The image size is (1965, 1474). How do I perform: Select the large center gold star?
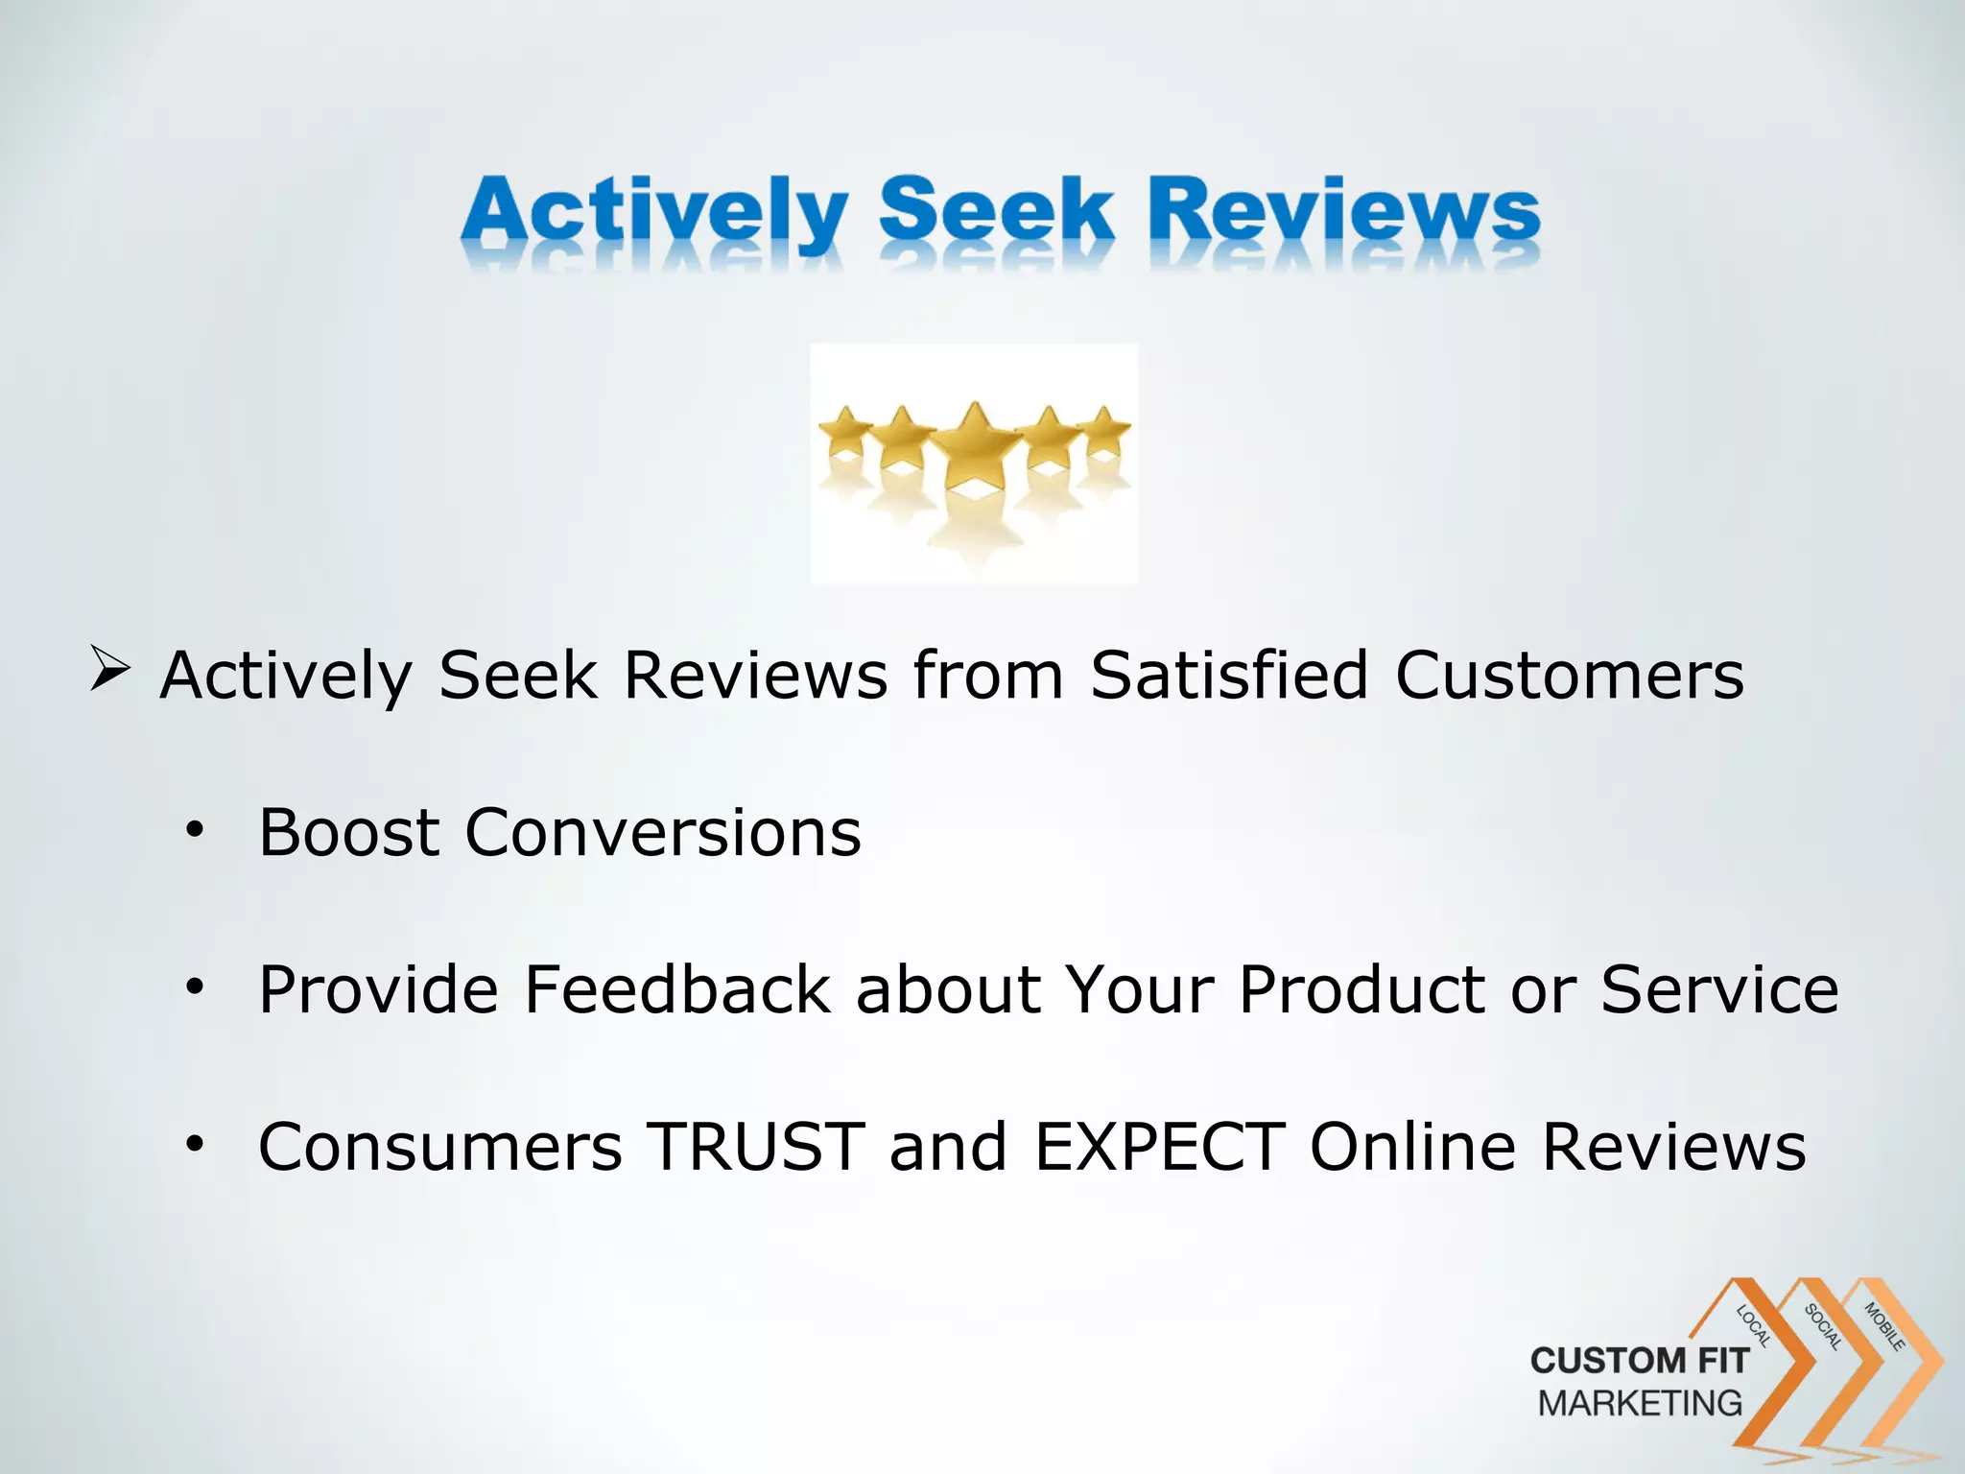pyautogui.click(x=975, y=442)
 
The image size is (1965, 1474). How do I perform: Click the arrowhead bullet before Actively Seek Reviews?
pyautogui.click(x=109, y=669)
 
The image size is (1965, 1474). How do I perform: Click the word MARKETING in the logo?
pyautogui.click(x=1640, y=1403)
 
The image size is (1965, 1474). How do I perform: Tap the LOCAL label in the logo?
pyautogui.click(x=1754, y=1325)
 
